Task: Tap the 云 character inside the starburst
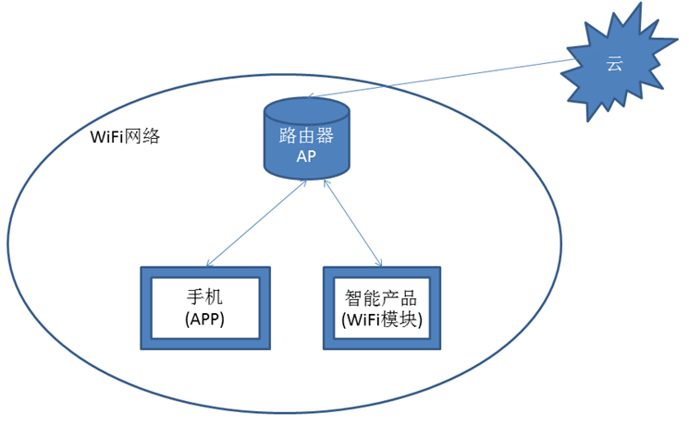tap(614, 64)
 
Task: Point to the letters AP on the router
tap(306, 157)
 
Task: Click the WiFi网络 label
tap(125, 137)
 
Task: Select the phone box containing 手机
tap(205, 308)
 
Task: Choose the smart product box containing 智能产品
tap(381, 308)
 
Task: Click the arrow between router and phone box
tap(256, 223)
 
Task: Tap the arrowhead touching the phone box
tap(208, 265)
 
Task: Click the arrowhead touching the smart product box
tap(380, 265)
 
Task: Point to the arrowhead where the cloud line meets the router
tap(310, 95)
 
